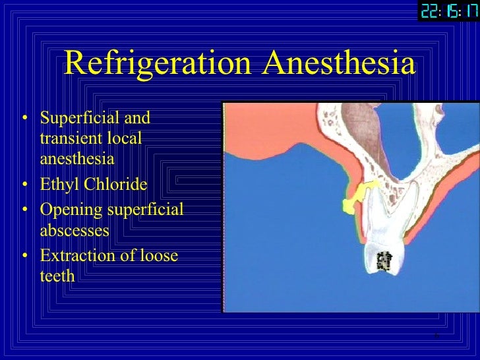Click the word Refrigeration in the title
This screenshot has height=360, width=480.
click(x=157, y=65)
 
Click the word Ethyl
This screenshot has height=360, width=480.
click(x=57, y=184)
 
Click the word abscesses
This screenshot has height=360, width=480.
click(x=74, y=231)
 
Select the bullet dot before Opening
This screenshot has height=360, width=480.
click(x=26, y=211)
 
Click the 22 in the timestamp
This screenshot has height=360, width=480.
click(x=430, y=12)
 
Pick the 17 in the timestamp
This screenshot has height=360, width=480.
click(x=469, y=12)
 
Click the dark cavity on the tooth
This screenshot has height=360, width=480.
click(x=383, y=262)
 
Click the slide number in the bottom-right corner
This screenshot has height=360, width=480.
click(x=436, y=337)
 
